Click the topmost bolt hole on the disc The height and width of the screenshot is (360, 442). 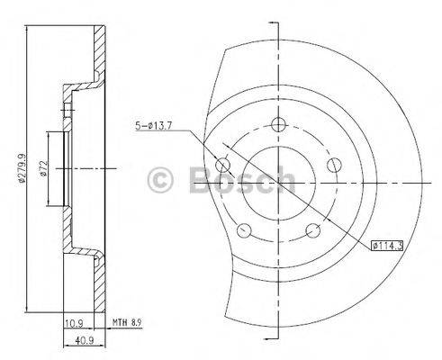pos(279,124)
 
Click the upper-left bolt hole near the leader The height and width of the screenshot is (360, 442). pos(223,165)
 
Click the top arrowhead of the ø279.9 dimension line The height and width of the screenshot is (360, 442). pos(33,31)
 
